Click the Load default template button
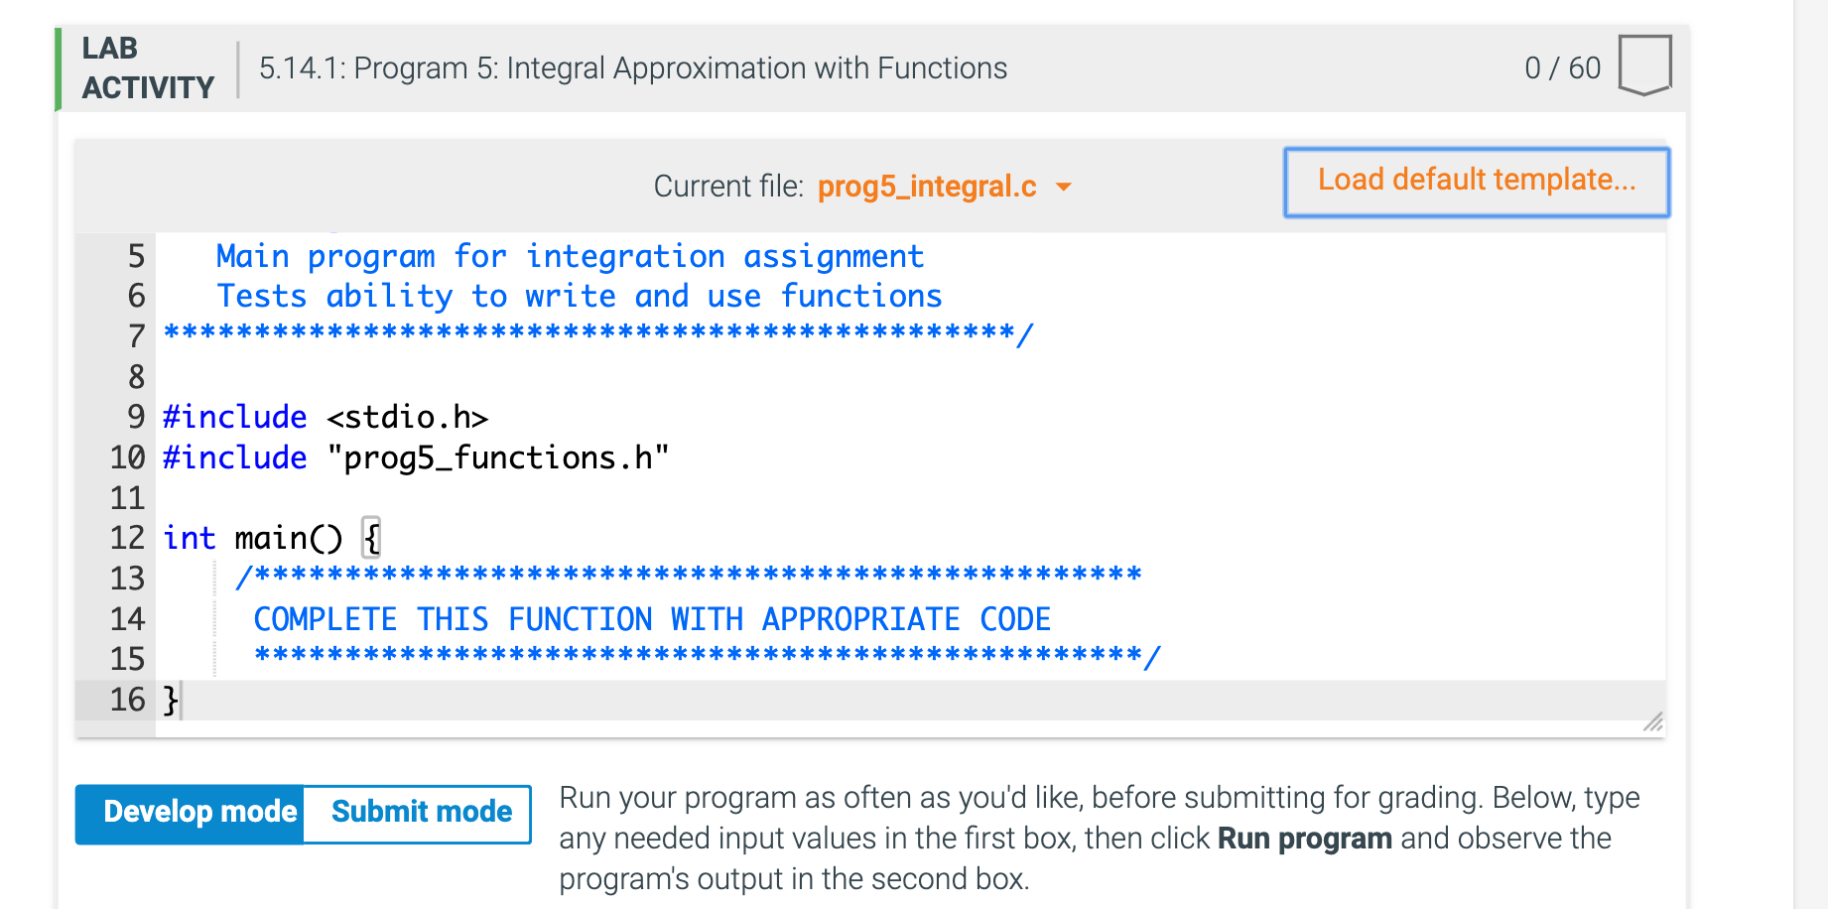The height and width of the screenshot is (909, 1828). point(1476,182)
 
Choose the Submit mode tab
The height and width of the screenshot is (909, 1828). point(421,813)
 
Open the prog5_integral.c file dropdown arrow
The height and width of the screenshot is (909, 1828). point(1064,187)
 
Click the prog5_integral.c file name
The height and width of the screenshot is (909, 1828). point(926,187)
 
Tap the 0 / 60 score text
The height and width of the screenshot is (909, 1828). point(1562,68)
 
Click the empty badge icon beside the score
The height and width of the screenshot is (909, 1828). point(1643,65)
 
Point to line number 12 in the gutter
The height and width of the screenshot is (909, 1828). point(128,538)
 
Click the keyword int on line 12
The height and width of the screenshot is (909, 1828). point(189,538)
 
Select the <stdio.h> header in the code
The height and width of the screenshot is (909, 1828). point(407,418)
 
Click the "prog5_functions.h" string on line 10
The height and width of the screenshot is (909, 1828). point(497,458)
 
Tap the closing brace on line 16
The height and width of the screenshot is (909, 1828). point(171,700)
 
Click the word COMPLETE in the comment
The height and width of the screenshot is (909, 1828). point(325,619)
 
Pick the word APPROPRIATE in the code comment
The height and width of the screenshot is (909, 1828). point(860,619)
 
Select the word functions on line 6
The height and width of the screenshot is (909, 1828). point(860,297)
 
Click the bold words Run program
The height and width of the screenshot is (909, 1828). point(1304,840)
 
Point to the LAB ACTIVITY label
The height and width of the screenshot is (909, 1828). point(148,68)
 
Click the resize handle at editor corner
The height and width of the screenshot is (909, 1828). point(1652,723)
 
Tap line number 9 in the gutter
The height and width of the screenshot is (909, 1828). point(136,418)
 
